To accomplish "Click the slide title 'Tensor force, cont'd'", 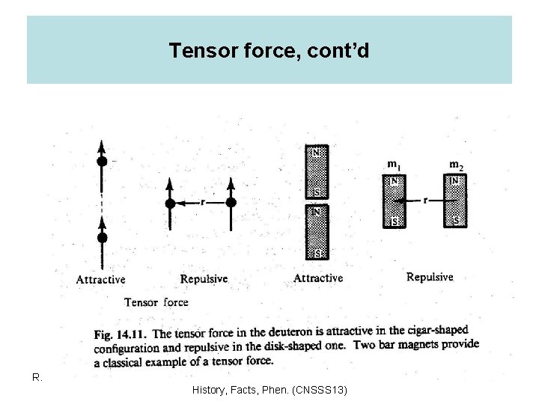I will tap(269, 50).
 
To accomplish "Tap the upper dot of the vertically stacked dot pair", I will tap(103, 161).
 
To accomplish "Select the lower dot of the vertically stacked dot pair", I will tap(103, 237).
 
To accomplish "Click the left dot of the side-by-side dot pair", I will tap(170, 203).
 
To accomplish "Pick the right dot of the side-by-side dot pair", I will tap(231, 203).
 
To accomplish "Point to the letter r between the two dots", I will tap(203, 201).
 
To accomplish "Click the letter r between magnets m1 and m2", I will tap(424, 201).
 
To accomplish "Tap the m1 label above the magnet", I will tap(392, 164).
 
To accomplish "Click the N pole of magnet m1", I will tap(393, 181).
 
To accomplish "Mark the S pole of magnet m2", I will tap(455, 221).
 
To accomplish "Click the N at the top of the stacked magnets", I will tap(317, 151).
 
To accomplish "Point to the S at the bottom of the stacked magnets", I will tap(317, 254).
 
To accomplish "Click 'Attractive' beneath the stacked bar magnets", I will tap(318, 278).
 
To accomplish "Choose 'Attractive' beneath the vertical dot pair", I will tap(101, 280).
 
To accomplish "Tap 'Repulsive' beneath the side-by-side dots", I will tap(204, 279).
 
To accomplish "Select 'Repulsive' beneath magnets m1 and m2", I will tap(430, 277).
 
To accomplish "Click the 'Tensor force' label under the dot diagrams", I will tap(156, 302).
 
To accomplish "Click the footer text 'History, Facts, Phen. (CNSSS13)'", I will tap(269, 390).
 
